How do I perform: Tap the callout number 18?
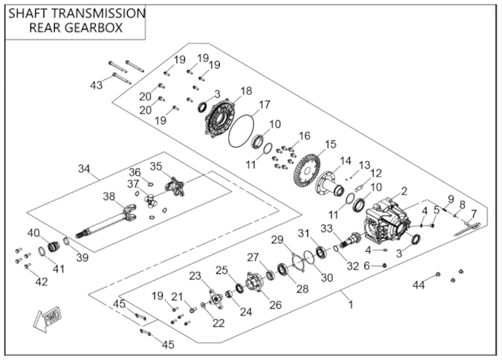pos(245,91)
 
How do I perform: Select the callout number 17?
pos(264,104)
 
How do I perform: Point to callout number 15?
pos(330,145)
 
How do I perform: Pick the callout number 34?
pos(84,168)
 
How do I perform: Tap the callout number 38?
pos(110,196)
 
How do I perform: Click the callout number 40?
pos(33,233)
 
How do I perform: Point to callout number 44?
pos(418,285)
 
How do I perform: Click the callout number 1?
pos(351,304)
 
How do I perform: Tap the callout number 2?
pos(405,191)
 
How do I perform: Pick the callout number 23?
pos(195,275)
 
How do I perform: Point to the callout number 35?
pos(156,166)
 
